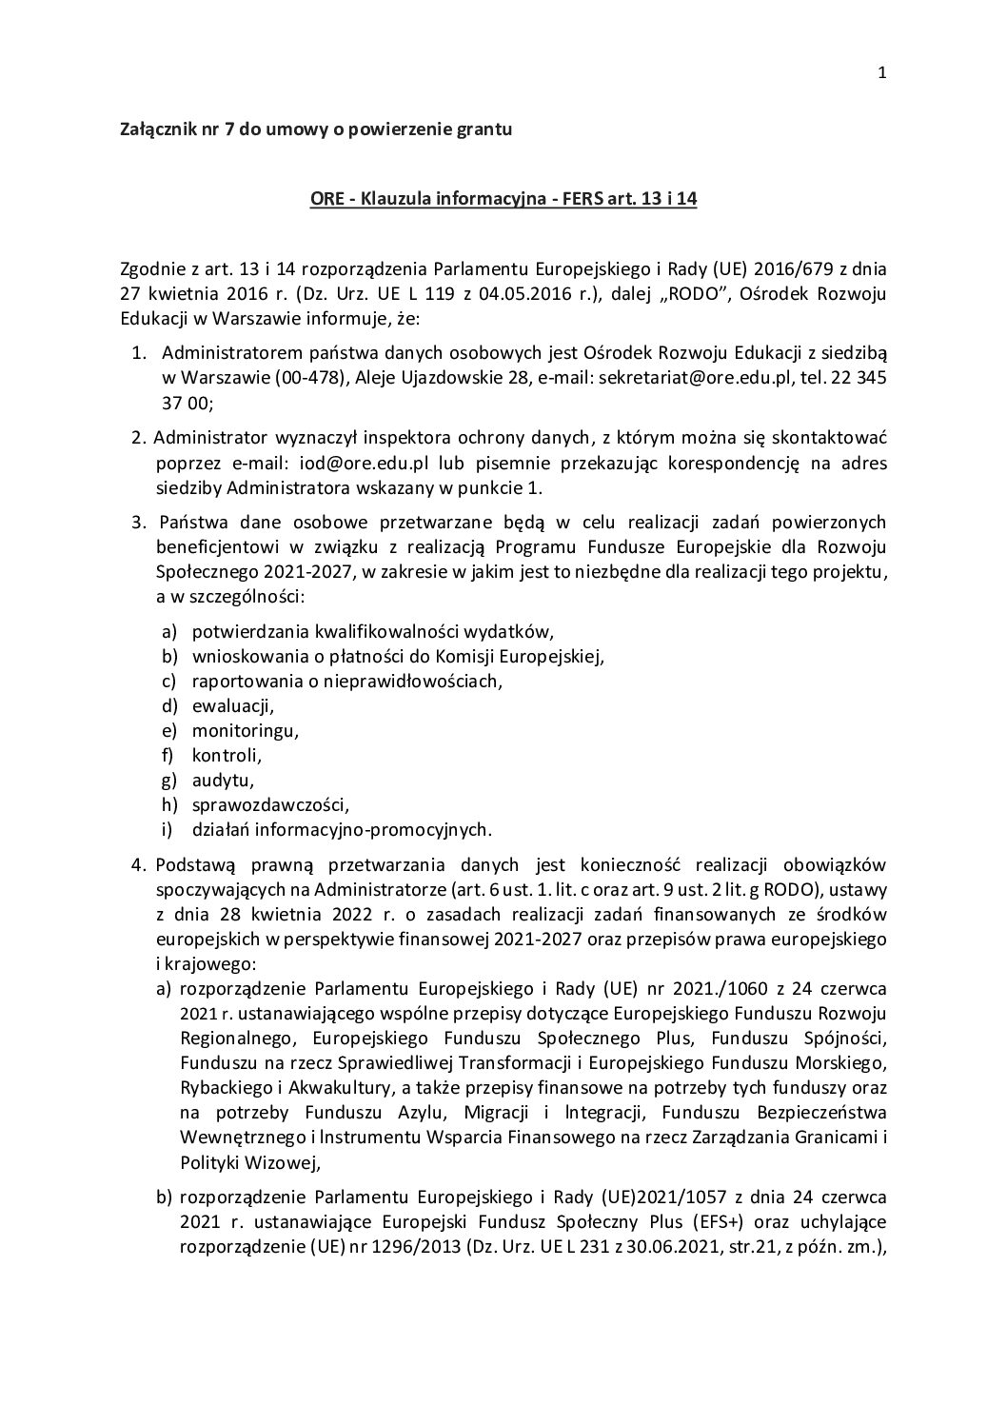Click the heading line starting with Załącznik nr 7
(315, 129)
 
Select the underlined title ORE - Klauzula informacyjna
(503, 202)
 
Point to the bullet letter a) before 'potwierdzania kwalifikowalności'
(168, 631)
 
